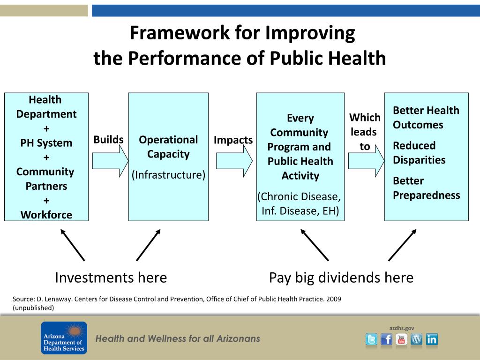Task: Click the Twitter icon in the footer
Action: coord(371,339)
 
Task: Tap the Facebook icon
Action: coord(386,339)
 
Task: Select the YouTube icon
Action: coord(401,339)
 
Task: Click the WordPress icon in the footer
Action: coord(416,339)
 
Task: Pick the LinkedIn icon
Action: coord(432,339)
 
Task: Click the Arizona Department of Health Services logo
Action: coord(64,338)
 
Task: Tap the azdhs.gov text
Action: coord(402,328)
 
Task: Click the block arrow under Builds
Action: coord(110,161)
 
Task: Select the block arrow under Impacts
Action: coord(234,161)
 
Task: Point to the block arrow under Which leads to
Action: coord(366,161)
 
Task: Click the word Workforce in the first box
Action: coord(46,215)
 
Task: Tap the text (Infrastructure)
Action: coord(168,175)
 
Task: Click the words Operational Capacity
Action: coord(168,147)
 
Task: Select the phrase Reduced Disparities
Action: coord(419,153)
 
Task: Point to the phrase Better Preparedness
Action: coord(427,188)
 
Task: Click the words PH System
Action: coord(46,143)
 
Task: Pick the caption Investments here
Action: coord(111,277)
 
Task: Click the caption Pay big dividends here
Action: coord(341,278)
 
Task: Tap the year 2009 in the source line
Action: coord(334,299)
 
